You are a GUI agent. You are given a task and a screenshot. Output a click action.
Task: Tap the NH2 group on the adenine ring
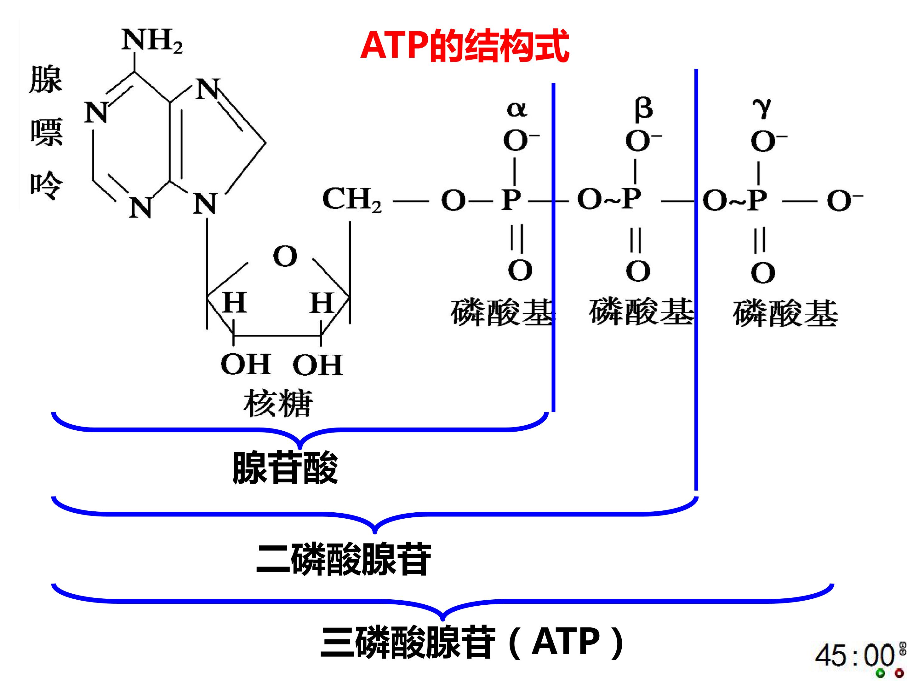coord(152,41)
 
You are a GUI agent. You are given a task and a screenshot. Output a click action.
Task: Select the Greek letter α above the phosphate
coord(517,109)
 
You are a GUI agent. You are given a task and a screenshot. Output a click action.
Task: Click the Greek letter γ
coord(762,108)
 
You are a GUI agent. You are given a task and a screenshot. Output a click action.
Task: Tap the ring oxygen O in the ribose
coord(285,256)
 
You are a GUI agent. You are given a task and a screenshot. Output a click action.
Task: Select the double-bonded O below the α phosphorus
coord(520,270)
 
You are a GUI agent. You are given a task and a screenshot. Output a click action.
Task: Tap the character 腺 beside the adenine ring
coord(46,80)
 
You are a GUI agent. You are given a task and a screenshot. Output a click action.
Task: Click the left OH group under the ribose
coord(246,364)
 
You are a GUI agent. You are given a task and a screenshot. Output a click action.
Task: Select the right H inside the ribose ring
coord(322,303)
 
